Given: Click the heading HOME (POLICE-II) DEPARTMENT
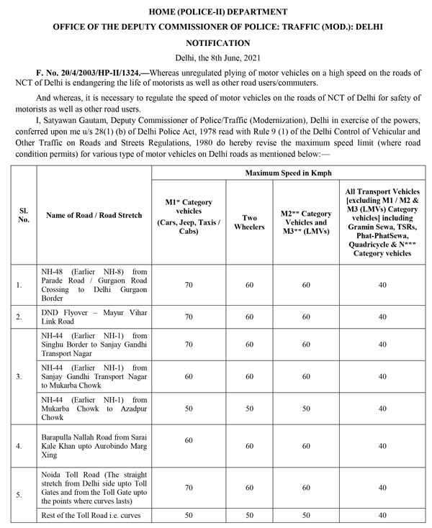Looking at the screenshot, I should (x=217, y=12).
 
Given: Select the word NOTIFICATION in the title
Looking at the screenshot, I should (x=217, y=43).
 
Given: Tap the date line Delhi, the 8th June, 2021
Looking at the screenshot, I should (x=217, y=58).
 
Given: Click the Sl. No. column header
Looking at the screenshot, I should (x=24, y=214).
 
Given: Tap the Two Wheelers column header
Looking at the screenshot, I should (x=248, y=222).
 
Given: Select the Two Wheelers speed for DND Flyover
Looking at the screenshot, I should (x=248, y=317).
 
